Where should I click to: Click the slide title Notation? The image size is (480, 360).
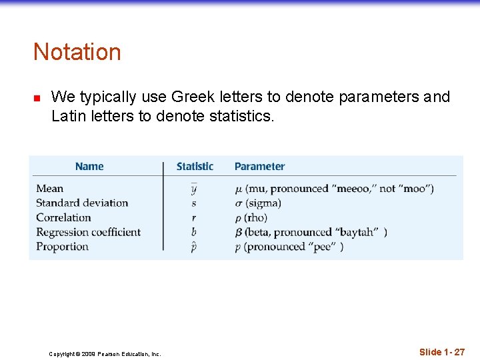(x=77, y=52)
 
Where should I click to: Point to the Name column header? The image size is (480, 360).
(x=89, y=167)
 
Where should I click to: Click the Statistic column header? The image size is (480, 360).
(x=195, y=167)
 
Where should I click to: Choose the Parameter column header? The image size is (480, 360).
(x=259, y=167)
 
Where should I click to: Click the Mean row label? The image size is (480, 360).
(x=50, y=189)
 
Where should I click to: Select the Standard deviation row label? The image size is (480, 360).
(x=82, y=203)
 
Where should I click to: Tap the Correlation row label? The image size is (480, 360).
(x=63, y=218)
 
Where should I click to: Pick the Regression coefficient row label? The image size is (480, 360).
(x=88, y=233)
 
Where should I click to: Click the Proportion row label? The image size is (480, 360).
(x=62, y=247)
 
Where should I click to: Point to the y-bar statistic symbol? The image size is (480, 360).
(x=194, y=189)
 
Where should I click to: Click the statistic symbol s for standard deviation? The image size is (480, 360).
(x=194, y=203)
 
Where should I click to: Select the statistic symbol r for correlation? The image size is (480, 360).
(x=194, y=218)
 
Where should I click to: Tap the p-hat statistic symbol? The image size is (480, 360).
(x=194, y=247)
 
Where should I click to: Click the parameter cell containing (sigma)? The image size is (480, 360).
(x=258, y=203)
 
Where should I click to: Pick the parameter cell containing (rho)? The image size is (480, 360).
(x=251, y=218)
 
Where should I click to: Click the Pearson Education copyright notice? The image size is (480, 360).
(x=105, y=354)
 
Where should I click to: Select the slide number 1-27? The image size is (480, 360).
(x=442, y=351)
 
